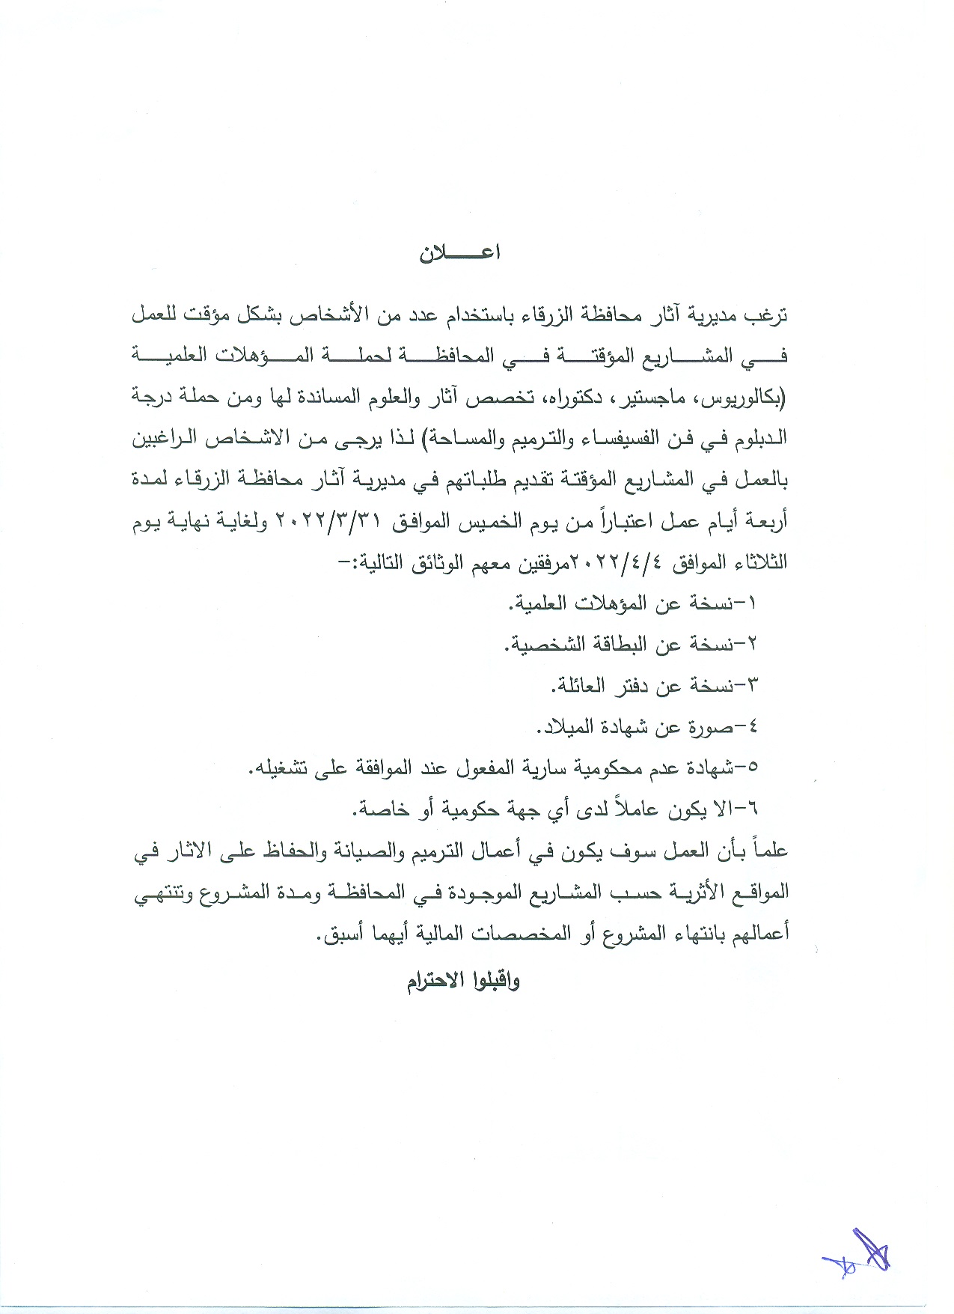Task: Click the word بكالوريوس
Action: (x=741, y=398)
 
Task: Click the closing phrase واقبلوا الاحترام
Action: (x=463, y=981)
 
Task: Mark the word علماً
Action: (x=770, y=851)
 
